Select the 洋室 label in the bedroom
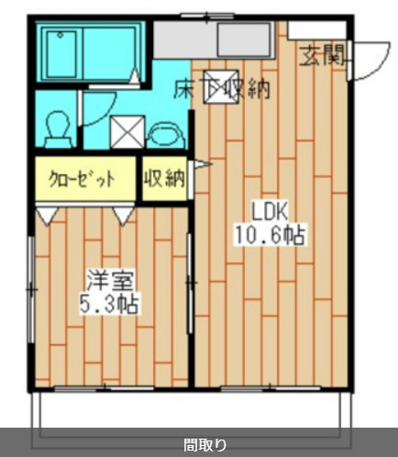click(101, 278)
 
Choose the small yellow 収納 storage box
click(164, 179)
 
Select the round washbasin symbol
click(164, 134)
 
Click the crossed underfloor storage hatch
click(218, 84)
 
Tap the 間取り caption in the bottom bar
click(198, 445)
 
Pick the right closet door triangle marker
click(122, 214)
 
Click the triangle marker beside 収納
click(194, 166)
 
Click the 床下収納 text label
click(222, 89)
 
